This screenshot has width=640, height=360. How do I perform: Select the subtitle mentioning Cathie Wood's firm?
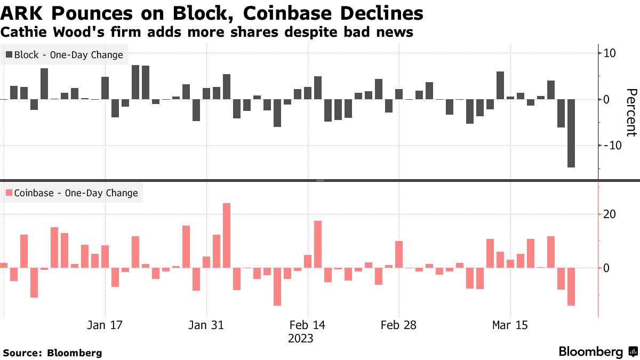point(207,33)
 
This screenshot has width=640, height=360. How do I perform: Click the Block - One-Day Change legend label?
point(68,55)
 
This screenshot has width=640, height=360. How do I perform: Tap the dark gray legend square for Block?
point(9,55)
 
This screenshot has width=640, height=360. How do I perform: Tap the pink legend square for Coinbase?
point(9,193)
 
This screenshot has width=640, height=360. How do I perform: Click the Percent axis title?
point(631,113)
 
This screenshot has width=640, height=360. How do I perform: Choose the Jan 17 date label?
point(105,325)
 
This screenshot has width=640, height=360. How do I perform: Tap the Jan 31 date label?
point(206,325)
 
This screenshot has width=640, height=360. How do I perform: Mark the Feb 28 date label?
point(399,325)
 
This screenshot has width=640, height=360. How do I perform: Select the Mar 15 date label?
point(510,325)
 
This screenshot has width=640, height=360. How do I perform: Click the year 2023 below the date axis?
point(300,339)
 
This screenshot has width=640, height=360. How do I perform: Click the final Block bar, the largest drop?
point(571,133)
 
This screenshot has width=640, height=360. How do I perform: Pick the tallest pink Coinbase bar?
point(226,235)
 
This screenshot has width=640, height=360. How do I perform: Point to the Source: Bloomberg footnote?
point(52,353)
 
